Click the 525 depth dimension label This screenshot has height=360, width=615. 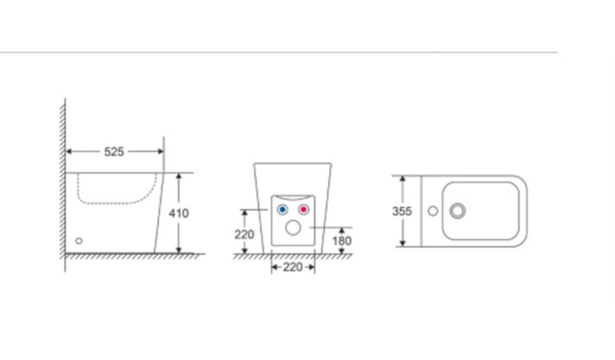[x=114, y=152]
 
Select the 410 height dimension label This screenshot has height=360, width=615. [x=179, y=213]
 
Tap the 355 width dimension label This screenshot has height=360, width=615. [x=402, y=212]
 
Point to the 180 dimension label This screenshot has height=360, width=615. [x=342, y=241]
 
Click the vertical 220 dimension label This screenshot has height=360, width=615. [x=244, y=235]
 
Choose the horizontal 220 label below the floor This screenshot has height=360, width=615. [x=293, y=267]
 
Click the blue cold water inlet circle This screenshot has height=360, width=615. [x=282, y=210]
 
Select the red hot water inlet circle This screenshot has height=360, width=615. [x=303, y=210]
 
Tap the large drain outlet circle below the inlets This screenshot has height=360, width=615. [x=293, y=228]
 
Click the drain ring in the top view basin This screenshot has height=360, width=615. [x=457, y=204]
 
